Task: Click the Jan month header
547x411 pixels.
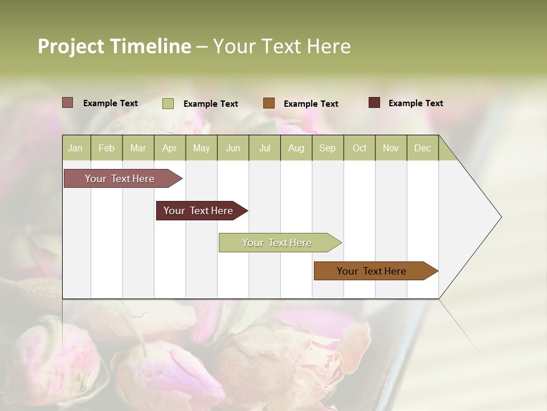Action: point(75,148)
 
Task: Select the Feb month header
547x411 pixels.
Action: point(107,148)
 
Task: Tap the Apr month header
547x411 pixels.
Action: point(169,148)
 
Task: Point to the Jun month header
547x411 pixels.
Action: point(233,148)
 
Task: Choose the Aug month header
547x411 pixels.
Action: point(296,148)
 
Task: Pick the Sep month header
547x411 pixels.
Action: point(327,148)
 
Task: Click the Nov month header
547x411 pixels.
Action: point(391,148)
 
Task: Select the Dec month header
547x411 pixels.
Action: point(422,148)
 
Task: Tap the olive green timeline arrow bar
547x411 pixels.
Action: point(277,243)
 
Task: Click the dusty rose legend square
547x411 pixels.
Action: point(67,103)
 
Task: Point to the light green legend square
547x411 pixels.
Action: point(168,103)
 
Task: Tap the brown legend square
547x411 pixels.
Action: point(269,103)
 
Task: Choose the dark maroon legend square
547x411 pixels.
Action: point(374,103)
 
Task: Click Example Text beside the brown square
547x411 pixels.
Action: point(311,104)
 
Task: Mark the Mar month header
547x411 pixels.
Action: point(138,148)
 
